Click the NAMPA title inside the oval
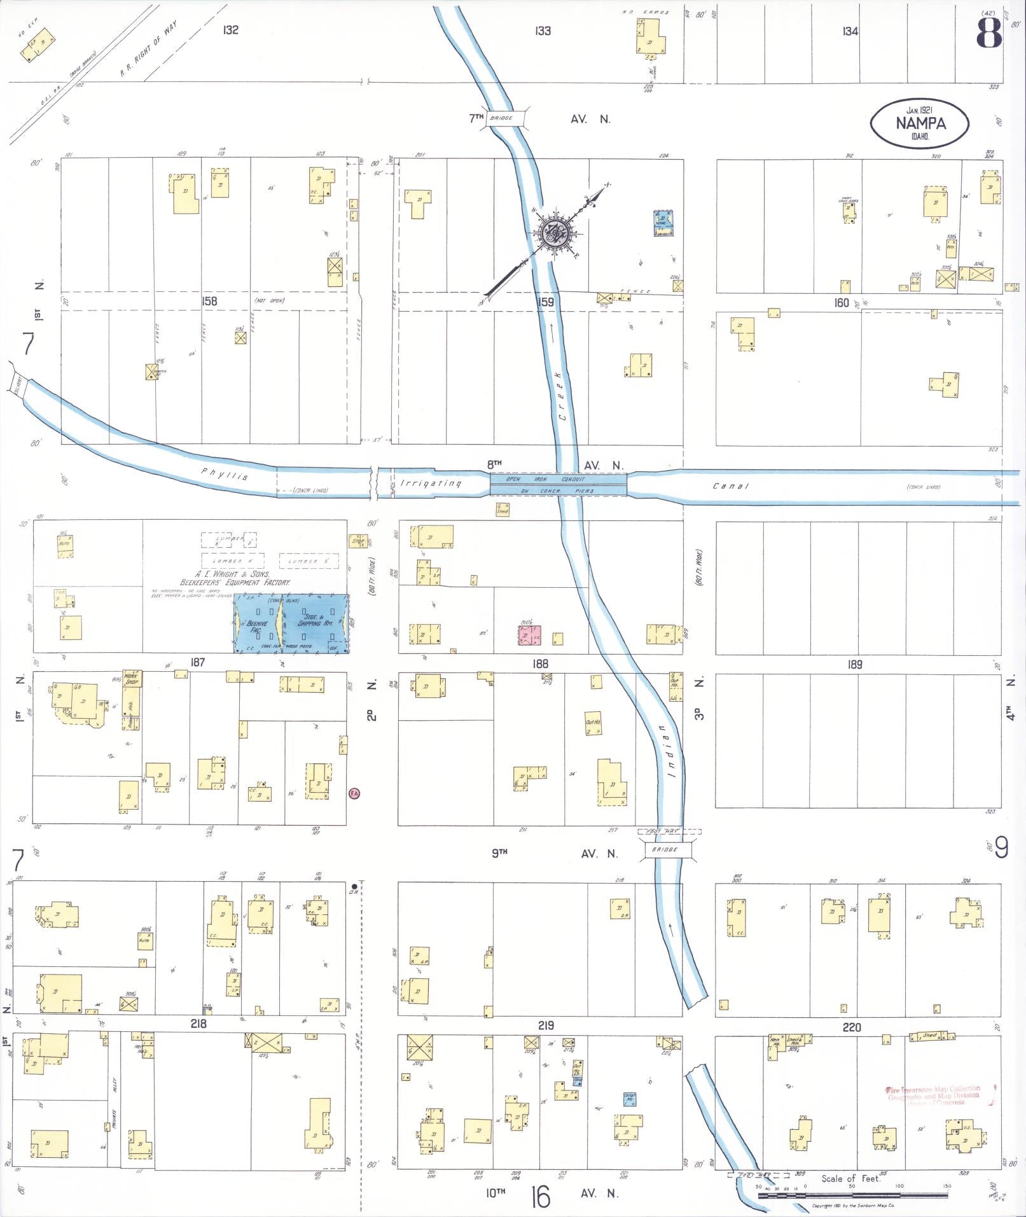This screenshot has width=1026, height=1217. (x=920, y=123)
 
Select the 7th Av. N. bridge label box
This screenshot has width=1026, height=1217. (x=504, y=118)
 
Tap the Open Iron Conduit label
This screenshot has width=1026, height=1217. (x=558, y=479)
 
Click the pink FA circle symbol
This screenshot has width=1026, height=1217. (x=354, y=793)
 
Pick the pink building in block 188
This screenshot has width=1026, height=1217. (x=529, y=635)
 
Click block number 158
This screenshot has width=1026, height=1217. (x=209, y=301)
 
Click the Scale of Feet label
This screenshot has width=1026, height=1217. (x=850, y=1178)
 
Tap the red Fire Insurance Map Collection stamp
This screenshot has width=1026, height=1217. (x=933, y=1095)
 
